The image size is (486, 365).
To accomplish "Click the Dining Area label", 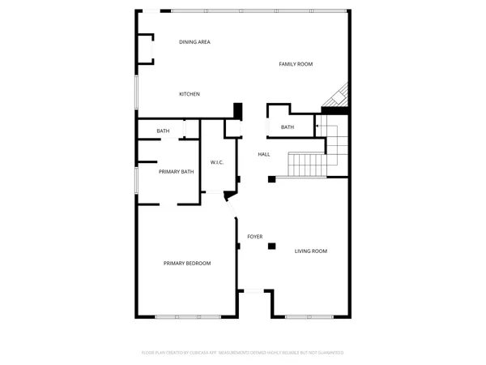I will pos(194,41).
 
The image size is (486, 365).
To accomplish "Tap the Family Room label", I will pos(296,64).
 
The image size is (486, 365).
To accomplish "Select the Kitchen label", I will pos(190,94).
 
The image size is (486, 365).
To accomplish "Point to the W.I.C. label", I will pos(216,163).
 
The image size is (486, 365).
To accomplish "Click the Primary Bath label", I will pos(176,171).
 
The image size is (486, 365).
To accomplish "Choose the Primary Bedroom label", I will pos(187,263).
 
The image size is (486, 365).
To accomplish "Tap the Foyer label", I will pos(254,236).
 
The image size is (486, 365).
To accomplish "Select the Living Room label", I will pos(310,251).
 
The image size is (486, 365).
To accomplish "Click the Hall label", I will pos(264,154).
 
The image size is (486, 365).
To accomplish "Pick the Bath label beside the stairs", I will pos(288,127).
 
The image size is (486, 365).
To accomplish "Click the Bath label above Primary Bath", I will pos(163,131).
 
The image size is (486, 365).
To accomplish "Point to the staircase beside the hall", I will pos(309,166).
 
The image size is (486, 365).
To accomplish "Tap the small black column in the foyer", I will pos(273,245).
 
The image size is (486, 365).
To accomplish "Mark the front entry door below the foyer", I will pos(254,291).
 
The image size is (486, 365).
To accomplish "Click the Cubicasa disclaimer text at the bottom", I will pos(243,353).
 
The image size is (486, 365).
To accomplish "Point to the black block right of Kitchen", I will pos(237,110).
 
